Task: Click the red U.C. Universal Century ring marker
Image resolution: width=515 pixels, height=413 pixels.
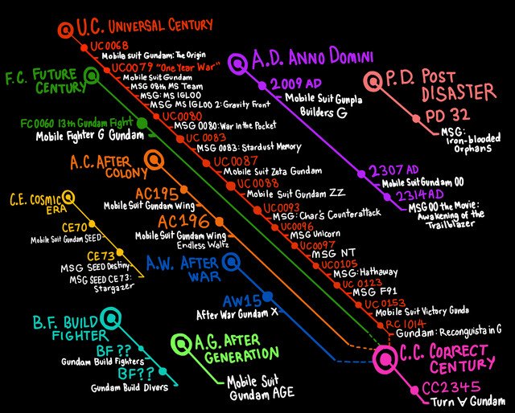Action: click(x=64, y=31)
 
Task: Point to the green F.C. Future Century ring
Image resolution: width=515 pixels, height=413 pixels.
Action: click(x=93, y=76)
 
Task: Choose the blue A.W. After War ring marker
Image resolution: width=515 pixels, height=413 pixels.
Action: click(x=231, y=262)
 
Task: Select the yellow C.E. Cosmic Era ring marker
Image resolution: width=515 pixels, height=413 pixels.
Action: click(x=65, y=196)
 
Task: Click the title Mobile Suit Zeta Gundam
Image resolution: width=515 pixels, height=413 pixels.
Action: click(x=272, y=171)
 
